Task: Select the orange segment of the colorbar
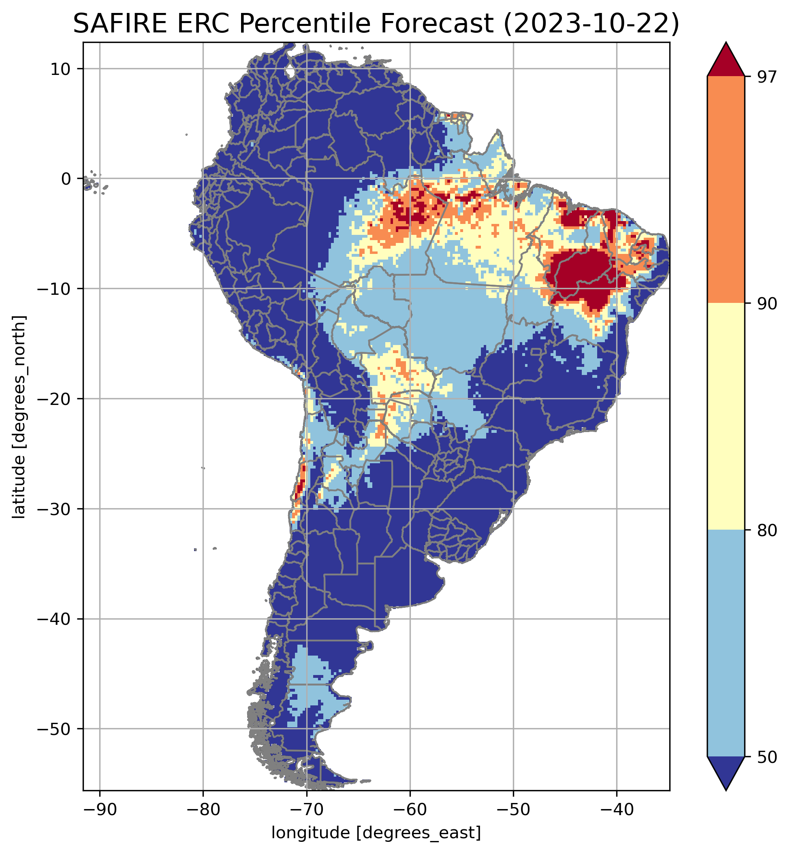click(x=726, y=190)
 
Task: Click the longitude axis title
click(x=376, y=831)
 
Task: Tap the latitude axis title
click(x=19, y=417)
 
